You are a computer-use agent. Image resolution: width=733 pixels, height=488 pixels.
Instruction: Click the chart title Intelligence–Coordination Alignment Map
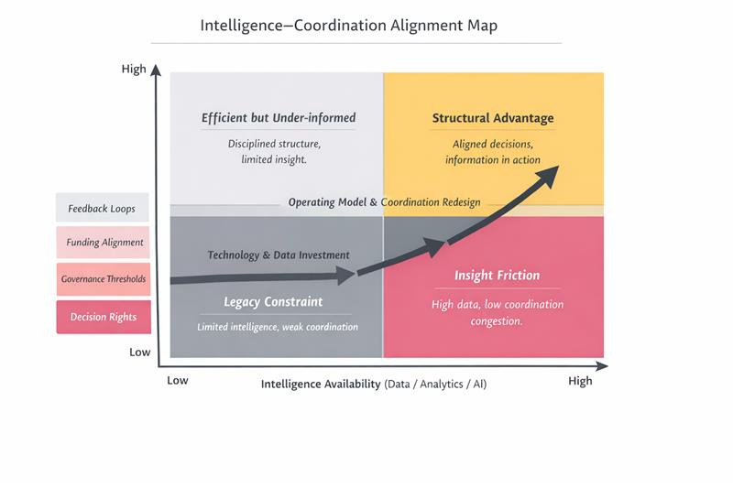tap(348, 26)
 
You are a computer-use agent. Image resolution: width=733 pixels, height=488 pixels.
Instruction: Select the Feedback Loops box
tap(102, 209)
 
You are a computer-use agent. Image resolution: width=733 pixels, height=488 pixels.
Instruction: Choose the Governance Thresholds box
tap(103, 279)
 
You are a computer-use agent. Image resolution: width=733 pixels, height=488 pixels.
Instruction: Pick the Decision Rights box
tap(103, 317)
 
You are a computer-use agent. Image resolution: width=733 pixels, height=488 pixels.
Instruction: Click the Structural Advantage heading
tap(493, 118)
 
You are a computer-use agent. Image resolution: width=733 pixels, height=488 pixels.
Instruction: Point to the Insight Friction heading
tap(497, 276)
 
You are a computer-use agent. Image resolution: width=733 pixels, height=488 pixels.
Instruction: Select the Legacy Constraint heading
tap(273, 302)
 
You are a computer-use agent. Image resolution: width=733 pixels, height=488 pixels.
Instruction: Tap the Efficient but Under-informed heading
tap(279, 118)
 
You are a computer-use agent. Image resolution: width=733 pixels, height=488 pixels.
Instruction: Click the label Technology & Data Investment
tap(279, 255)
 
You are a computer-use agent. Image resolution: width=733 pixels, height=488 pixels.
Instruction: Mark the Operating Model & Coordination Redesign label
tap(384, 202)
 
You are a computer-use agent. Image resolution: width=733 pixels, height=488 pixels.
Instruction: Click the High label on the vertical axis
tap(134, 70)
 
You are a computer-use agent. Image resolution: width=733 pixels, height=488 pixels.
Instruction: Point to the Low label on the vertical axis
tap(139, 352)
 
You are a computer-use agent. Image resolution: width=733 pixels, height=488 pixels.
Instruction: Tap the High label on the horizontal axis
tap(580, 381)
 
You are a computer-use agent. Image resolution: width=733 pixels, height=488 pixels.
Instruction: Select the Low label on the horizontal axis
tap(178, 380)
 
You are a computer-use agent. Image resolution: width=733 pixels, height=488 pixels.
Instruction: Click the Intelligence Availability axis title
tap(374, 385)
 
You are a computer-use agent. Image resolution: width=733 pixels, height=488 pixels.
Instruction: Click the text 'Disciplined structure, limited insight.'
tap(274, 151)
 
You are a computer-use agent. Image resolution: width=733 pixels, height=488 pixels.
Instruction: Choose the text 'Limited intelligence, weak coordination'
tap(278, 327)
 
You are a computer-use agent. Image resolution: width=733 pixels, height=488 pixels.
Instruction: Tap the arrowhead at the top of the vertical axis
tap(157, 70)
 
